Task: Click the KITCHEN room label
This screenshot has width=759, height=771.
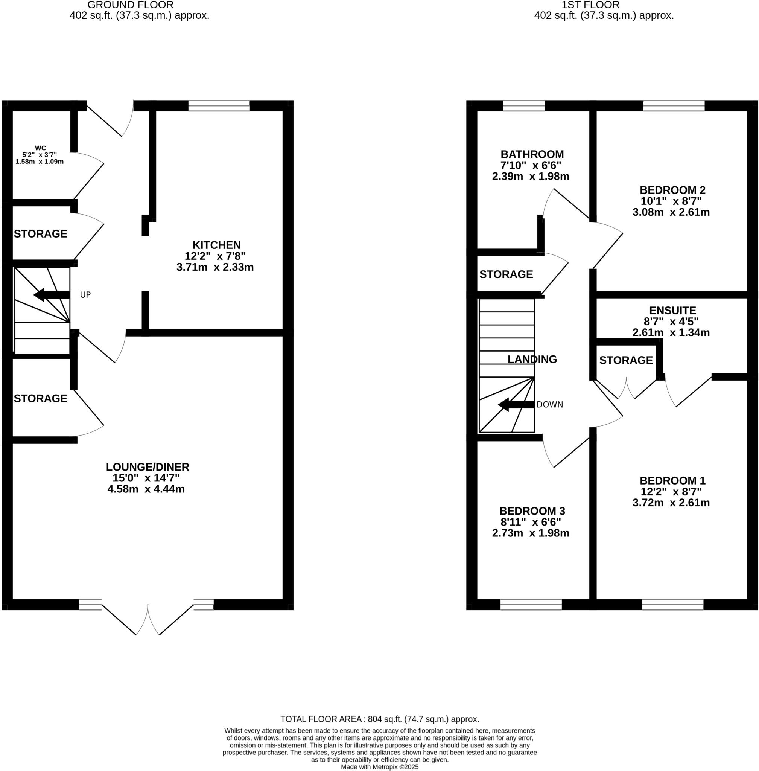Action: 216,245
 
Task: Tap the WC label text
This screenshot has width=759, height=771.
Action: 40,148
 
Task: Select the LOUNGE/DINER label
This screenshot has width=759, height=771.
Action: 148,467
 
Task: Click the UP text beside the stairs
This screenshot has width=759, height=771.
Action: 85,295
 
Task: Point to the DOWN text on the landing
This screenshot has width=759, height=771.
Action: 550,404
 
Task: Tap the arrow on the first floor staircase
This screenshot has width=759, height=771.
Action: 516,404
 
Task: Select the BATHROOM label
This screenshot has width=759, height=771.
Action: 532,154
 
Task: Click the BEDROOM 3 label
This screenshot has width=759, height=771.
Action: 532,511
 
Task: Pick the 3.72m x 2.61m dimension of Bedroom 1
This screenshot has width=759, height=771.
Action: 671,503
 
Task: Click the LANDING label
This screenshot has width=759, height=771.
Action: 532,360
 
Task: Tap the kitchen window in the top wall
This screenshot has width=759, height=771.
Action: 219,106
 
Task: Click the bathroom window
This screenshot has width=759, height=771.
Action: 523,106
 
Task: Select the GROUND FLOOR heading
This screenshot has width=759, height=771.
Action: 130,5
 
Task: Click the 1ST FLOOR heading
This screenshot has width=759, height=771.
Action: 590,5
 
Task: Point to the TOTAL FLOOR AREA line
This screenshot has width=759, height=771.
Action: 379,719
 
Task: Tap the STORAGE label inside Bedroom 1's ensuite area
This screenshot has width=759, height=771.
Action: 626,360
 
